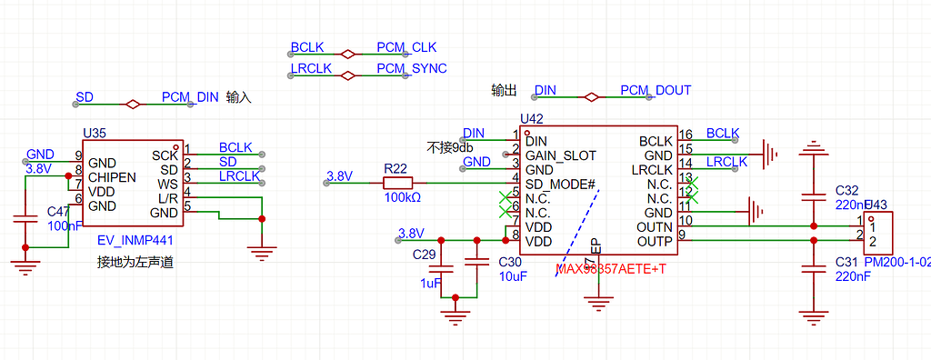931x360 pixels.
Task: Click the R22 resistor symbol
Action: pyautogui.click(x=395, y=184)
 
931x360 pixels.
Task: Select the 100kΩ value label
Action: pyautogui.click(x=401, y=197)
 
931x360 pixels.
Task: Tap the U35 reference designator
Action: pyautogui.click(x=94, y=133)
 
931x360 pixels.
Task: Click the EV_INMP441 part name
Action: pyautogui.click(x=135, y=241)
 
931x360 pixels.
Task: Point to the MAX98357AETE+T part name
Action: pyautogui.click(x=611, y=270)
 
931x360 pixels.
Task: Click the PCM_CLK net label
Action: pyautogui.click(x=406, y=47)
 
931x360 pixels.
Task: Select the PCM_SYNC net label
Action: pyautogui.click(x=411, y=68)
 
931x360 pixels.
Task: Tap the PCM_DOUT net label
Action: pyautogui.click(x=656, y=90)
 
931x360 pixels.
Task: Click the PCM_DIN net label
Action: pyautogui.click(x=190, y=97)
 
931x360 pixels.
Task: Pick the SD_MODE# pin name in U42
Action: pyautogui.click(x=560, y=184)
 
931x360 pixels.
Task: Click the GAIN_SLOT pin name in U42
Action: pyautogui.click(x=561, y=155)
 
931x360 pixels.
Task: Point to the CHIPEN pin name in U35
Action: pyautogui.click(x=112, y=176)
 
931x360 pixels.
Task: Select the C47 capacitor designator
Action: pyautogui.click(x=58, y=211)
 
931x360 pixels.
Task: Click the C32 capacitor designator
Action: pyautogui.click(x=846, y=190)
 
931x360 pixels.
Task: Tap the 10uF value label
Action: pyautogui.click(x=513, y=276)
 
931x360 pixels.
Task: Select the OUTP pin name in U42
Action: pyautogui.click(x=655, y=241)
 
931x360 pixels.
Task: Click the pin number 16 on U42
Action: pyautogui.click(x=686, y=135)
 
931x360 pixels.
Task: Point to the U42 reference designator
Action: pyautogui.click(x=531, y=119)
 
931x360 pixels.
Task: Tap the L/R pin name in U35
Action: pyautogui.click(x=167, y=198)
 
